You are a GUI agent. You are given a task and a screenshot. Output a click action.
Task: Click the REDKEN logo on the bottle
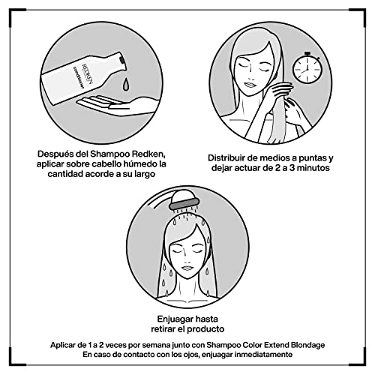88,73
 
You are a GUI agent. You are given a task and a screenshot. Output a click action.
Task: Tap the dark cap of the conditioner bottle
121,60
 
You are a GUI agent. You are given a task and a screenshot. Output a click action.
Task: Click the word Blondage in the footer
308,346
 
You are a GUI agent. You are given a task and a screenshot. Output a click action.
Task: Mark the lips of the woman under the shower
186,268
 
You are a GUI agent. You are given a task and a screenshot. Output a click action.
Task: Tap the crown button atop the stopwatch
307,53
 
